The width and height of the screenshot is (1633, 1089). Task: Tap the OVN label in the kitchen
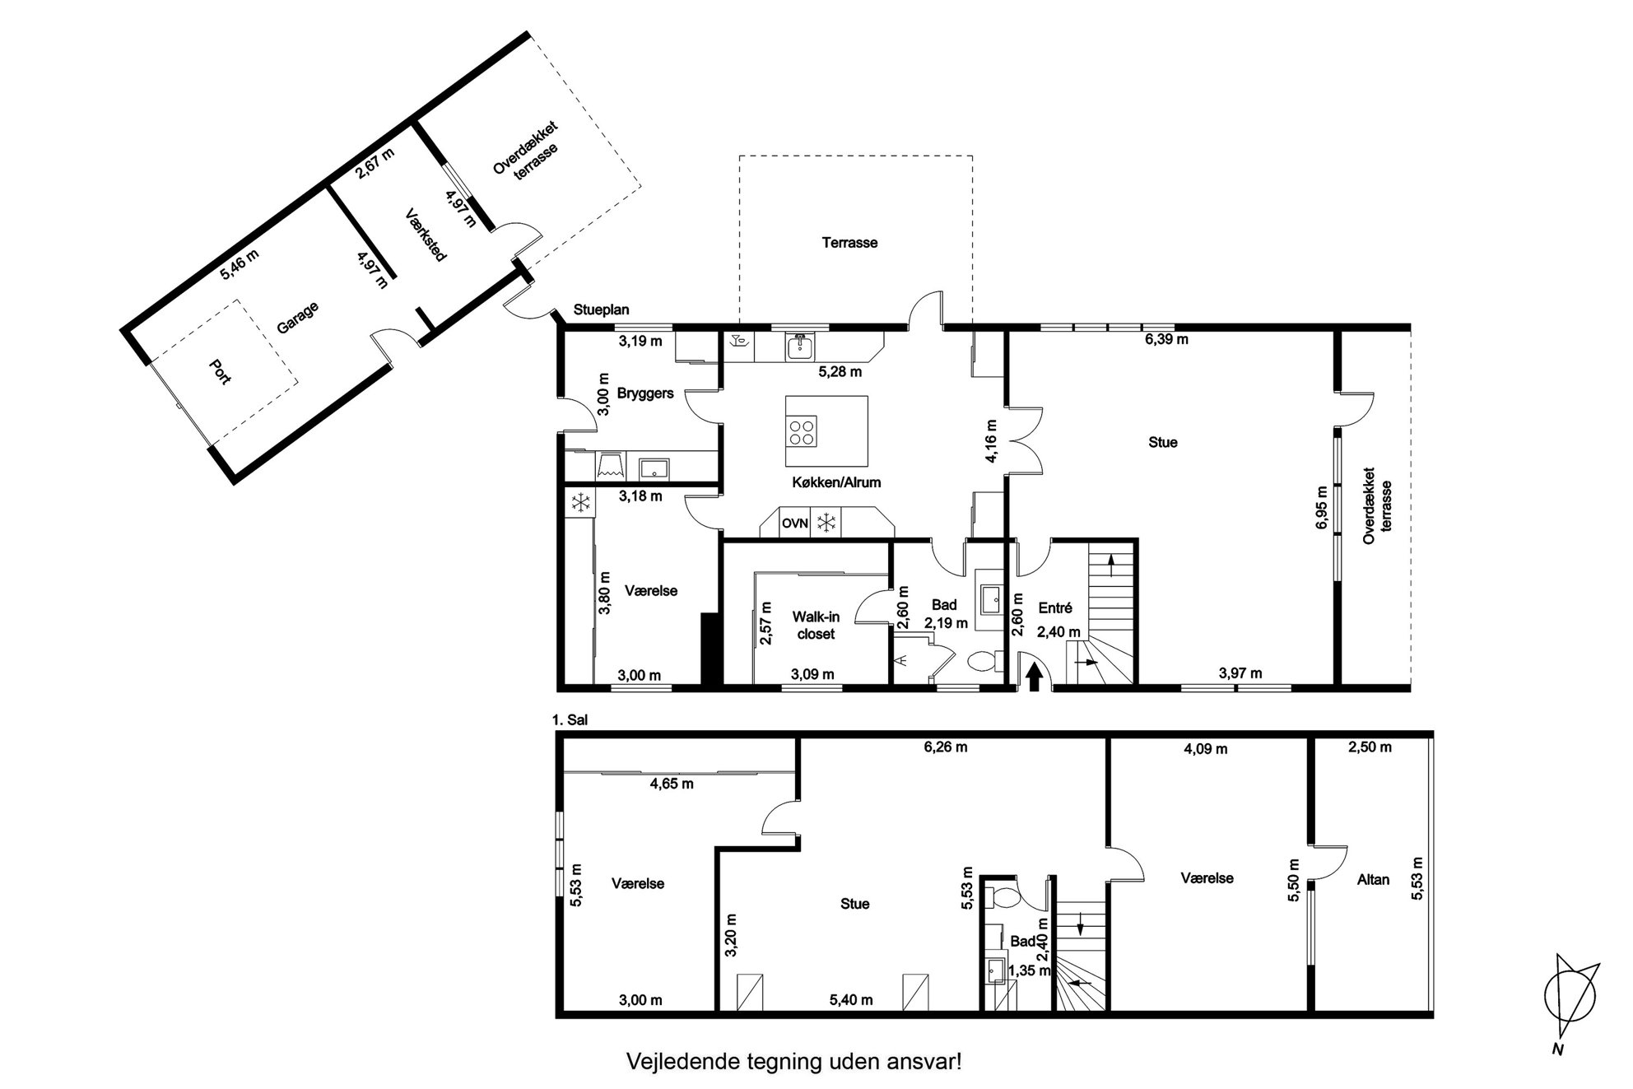(795, 523)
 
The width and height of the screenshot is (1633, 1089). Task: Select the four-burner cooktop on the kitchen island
(803, 432)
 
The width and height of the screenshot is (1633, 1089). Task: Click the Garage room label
(297, 318)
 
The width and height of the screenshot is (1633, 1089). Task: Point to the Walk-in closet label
(816, 625)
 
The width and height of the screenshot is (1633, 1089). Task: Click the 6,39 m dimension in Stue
(1167, 338)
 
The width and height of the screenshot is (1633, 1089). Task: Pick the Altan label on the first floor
(1373, 879)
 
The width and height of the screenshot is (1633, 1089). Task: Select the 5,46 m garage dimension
(240, 264)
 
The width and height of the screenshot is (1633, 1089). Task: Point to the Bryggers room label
(645, 393)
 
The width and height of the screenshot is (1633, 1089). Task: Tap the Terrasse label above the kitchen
(849, 243)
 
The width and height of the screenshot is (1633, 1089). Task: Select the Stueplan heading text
(601, 310)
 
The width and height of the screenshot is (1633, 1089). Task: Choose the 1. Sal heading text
(570, 720)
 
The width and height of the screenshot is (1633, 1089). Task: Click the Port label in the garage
(220, 370)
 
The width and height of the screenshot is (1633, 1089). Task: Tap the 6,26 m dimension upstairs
(945, 747)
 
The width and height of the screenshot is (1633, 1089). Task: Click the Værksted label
(426, 235)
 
